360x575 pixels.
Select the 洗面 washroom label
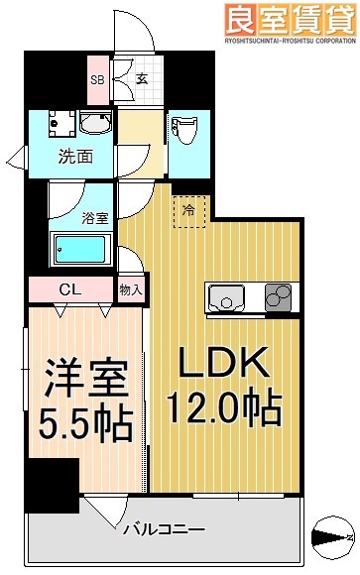75,156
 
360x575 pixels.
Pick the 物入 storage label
131,290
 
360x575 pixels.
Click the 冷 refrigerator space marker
188,209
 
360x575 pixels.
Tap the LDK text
225,365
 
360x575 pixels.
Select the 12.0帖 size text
225,406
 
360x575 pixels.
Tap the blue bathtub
83,248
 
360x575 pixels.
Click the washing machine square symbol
60,125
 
